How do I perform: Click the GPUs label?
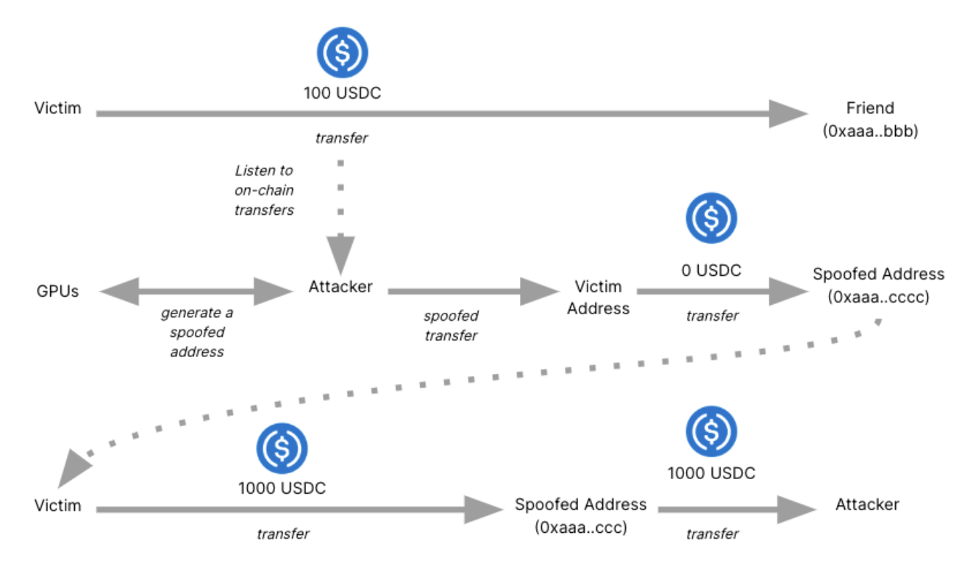point(57,291)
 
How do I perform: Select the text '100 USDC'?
point(342,93)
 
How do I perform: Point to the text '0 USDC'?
point(710,270)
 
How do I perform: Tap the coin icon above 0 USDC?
point(710,219)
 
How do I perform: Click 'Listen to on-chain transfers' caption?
point(264,190)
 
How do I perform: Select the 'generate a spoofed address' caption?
point(196,332)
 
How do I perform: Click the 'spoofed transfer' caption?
point(451,325)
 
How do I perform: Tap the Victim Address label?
point(598,297)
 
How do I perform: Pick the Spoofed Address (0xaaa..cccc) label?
point(878,286)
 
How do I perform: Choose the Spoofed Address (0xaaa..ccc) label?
point(580,516)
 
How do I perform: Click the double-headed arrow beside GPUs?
point(196,291)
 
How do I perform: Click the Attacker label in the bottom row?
point(867,504)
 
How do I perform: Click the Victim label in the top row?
point(57,109)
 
